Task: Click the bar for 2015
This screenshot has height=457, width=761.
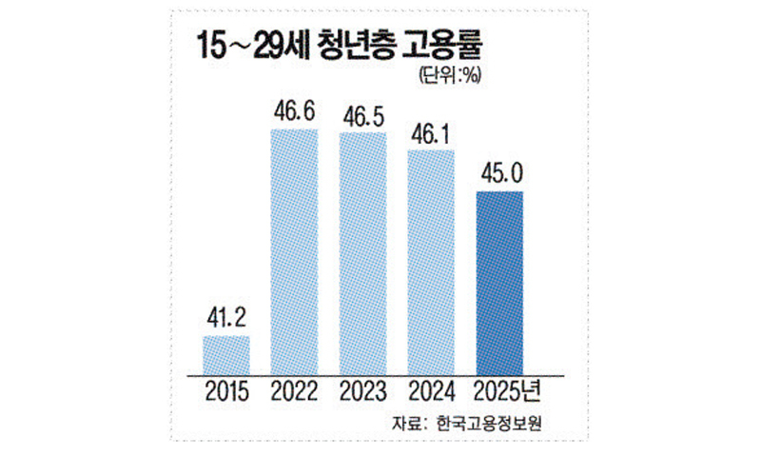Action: pos(226,353)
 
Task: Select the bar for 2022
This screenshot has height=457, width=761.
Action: pos(295,250)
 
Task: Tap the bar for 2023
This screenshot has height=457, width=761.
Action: pos(363,252)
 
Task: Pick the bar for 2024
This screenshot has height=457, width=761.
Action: pos(431,260)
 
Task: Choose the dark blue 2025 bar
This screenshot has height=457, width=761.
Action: pos(499,282)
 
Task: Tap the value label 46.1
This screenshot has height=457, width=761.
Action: pos(432,131)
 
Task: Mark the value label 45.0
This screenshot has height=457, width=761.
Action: pos(499,174)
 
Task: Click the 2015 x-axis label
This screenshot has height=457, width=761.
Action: pos(225,390)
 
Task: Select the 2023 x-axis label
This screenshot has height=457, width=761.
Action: pos(362,390)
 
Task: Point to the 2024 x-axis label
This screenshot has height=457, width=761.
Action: pos(431,390)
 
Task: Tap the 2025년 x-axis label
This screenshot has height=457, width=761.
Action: pos(504,390)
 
